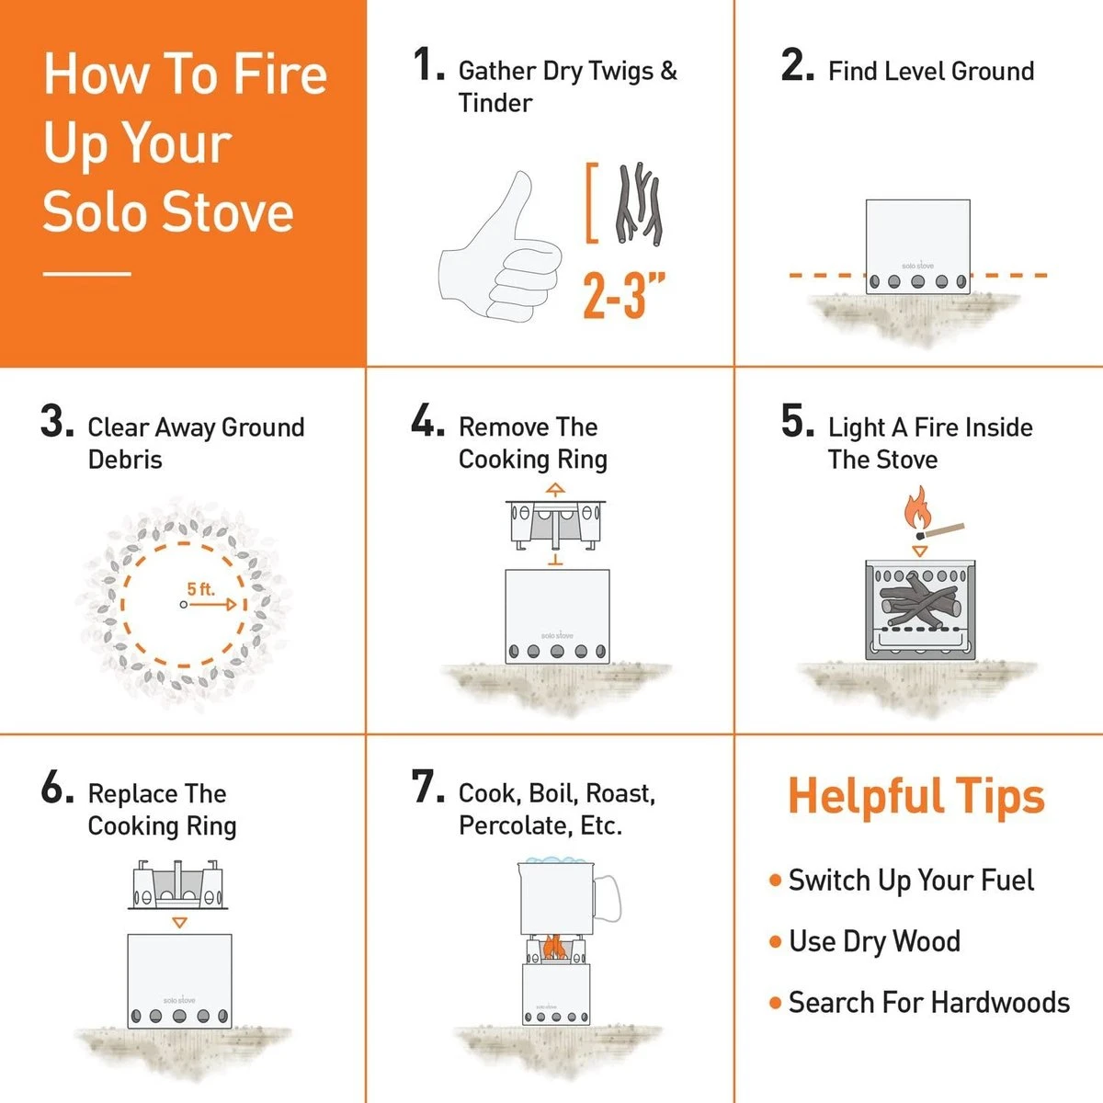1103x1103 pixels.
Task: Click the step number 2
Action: point(796,66)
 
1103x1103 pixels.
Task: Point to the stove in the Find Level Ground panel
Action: point(917,245)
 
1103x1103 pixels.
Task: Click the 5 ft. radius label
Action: point(200,588)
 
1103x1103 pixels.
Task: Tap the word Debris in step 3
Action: point(125,460)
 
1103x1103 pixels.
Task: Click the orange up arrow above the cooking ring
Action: point(555,488)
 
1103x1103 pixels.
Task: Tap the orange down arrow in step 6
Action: point(179,922)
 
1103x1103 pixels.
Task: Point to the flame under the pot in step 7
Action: point(553,947)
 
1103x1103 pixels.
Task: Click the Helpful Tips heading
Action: point(916,796)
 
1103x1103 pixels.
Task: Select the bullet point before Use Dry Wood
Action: point(775,941)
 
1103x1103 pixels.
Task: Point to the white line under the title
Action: point(87,273)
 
